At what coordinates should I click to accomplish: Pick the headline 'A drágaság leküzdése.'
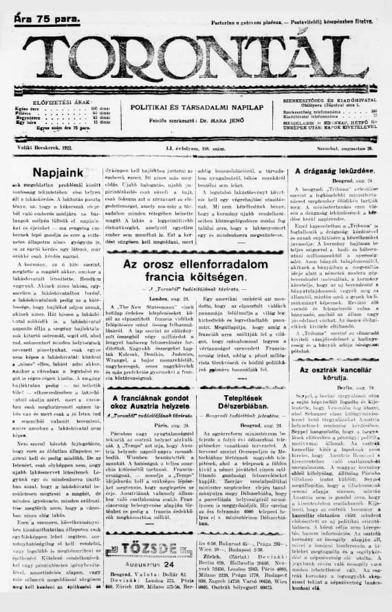(x=335, y=170)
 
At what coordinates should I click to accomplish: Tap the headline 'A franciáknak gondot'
(x=147, y=400)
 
